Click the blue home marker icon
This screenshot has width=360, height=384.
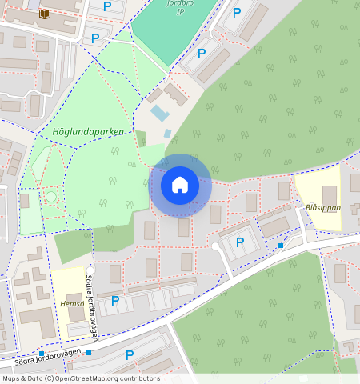180,185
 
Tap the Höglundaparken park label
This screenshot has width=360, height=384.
88,130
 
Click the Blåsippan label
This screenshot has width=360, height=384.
322,207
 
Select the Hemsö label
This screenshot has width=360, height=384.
72,304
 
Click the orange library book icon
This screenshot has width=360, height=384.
44,14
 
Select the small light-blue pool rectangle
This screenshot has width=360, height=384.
160,113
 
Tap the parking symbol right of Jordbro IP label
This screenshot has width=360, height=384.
237,12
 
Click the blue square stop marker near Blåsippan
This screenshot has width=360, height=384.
280,245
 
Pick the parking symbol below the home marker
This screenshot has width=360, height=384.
239,242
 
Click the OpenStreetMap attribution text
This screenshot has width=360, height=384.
81,378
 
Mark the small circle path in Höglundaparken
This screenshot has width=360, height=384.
51,196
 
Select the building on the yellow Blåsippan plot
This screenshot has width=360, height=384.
329,194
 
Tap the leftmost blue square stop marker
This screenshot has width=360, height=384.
40,353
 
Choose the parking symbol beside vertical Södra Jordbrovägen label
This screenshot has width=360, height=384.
114,301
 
